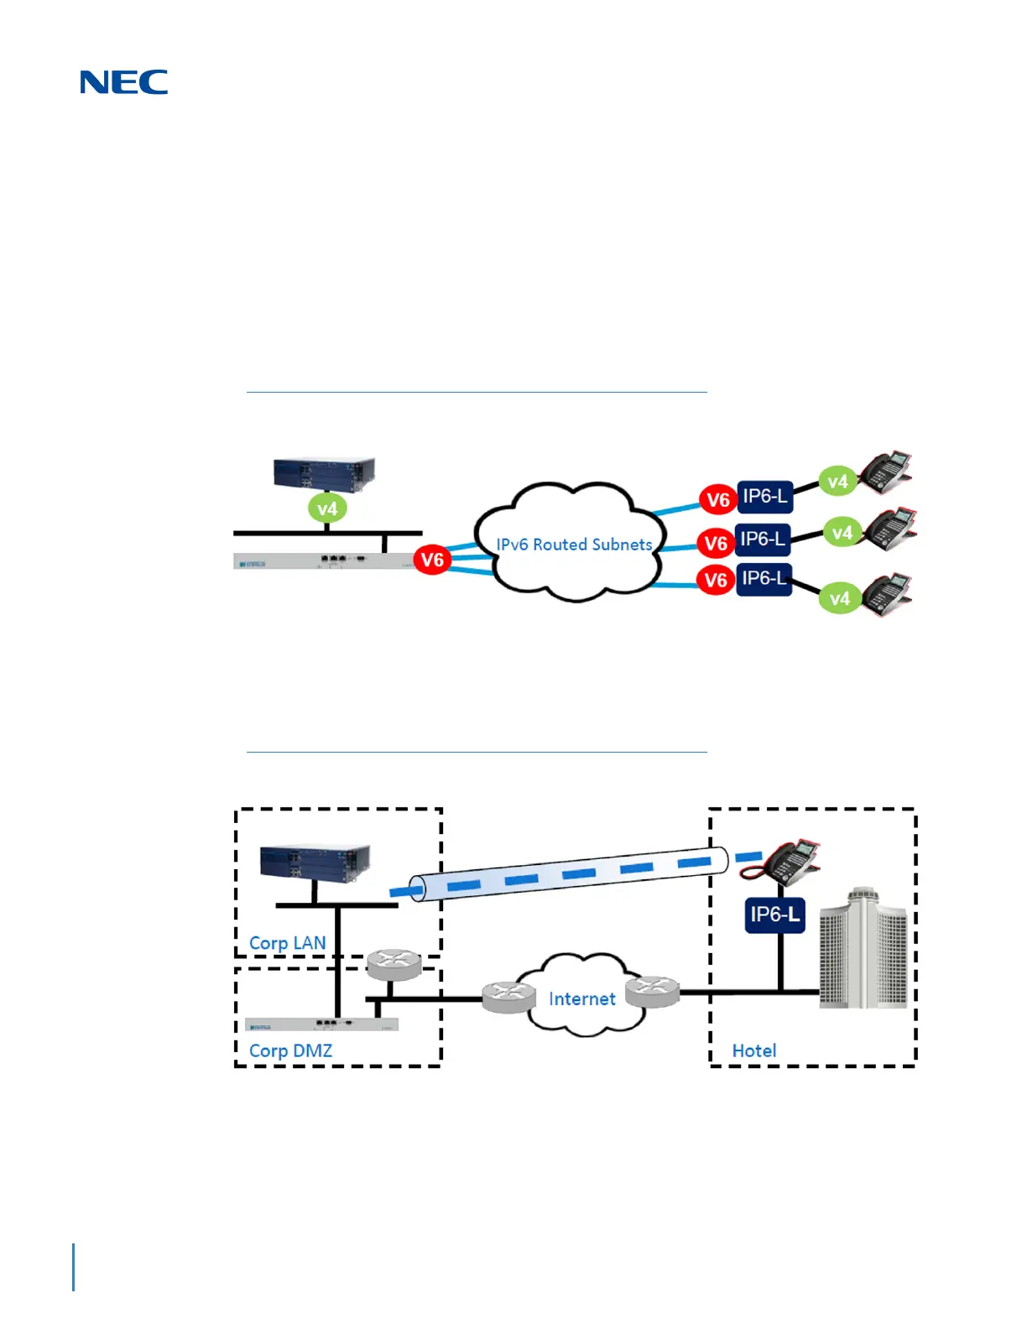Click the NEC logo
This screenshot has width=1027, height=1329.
click(x=124, y=82)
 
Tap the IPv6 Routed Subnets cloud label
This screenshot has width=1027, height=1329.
click(x=574, y=545)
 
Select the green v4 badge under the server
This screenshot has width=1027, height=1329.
click(x=327, y=508)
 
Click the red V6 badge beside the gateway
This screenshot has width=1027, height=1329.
click(x=432, y=560)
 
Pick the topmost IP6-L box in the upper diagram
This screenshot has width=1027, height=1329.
click(x=764, y=497)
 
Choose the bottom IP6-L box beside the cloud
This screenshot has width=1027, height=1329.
click(x=764, y=579)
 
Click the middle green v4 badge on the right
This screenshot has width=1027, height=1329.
click(x=842, y=533)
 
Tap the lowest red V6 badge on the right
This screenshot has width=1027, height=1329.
click(x=716, y=580)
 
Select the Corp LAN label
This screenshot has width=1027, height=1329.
click(x=288, y=943)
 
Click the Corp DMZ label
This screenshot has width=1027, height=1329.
click(x=290, y=1050)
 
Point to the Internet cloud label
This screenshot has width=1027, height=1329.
click(x=581, y=998)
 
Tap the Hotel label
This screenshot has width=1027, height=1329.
click(x=753, y=1050)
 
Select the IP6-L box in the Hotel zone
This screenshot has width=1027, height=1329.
click(x=774, y=915)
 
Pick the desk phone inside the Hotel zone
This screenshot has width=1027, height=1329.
click(x=779, y=860)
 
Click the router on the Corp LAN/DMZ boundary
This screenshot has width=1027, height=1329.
click(x=394, y=965)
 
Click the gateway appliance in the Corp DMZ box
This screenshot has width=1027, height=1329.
click(x=321, y=1024)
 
